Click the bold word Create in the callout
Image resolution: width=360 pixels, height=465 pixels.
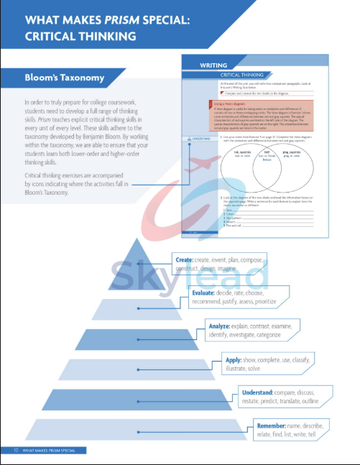coord(184,259)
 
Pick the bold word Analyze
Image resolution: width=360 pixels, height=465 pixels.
coord(219,326)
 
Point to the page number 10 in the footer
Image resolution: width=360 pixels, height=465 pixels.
coord(15,450)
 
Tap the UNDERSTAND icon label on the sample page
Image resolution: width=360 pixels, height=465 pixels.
coord(198,138)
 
